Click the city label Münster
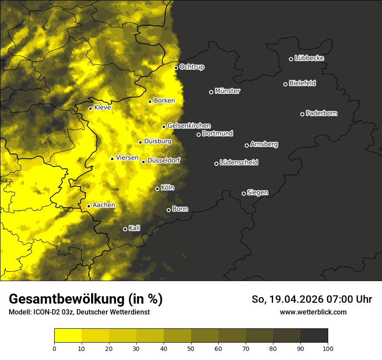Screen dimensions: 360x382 tap(227, 91)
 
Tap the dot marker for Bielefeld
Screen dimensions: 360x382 tap(285, 84)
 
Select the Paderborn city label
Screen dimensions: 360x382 tap(322, 113)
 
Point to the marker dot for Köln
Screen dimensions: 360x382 tap(157, 189)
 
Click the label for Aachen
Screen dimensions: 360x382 tap(104, 205)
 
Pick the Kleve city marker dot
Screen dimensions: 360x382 tap(90, 108)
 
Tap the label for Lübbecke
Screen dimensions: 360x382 tap(309, 58)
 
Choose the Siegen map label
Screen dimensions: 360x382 tap(257, 193)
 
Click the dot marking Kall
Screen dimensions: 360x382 tap(125, 229)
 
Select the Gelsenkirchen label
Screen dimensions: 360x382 tap(189, 126)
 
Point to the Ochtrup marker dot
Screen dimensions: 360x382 tap(176, 68)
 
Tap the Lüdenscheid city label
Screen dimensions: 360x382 tap(239, 163)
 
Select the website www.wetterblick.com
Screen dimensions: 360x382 tap(313, 312)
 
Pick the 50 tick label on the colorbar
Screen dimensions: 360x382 tap(191, 348)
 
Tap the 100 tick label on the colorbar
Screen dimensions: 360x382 tap(328, 348)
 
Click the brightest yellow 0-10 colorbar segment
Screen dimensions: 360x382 tap(68, 336)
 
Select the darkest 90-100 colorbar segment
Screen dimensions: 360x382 tap(314, 336)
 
